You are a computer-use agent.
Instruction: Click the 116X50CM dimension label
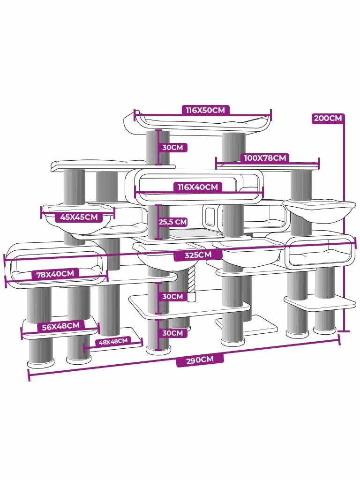pyautogui.click(x=205, y=110)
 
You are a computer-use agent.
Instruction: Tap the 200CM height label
pyautogui.click(x=328, y=118)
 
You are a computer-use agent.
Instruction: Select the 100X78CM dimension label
pyautogui.click(x=265, y=158)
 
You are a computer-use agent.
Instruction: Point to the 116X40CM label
pyautogui.click(x=197, y=187)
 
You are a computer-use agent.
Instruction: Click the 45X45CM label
pyautogui.click(x=79, y=217)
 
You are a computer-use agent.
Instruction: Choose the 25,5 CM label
pyautogui.click(x=172, y=222)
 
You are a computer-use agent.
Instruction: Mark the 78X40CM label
pyautogui.click(x=55, y=274)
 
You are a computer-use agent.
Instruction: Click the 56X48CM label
pyautogui.click(x=60, y=326)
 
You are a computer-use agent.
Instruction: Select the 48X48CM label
pyautogui.click(x=112, y=342)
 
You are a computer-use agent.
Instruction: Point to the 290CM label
pyautogui.click(x=200, y=360)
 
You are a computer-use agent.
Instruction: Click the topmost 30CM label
pyautogui.click(x=172, y=147)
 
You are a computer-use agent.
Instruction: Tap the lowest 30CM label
pyautogui.click(x=172, y=333)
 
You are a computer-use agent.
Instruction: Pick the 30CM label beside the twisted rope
pyautogui.click(x=172, y=296)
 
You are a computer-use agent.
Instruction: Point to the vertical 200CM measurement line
pyautogui.click(x=346, y=225)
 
